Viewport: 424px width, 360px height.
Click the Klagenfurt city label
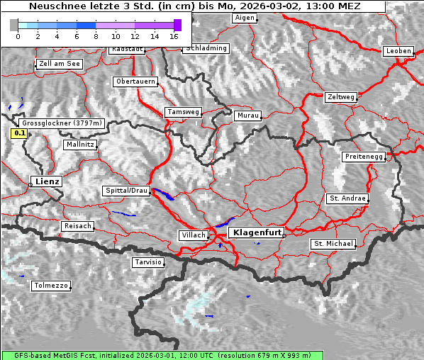pos(258,232)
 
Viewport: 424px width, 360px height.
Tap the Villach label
pos(193,235)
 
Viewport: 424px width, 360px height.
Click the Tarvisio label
pos(148,262)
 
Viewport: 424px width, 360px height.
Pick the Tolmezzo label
pos(51,286)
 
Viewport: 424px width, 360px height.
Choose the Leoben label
pos(397,51)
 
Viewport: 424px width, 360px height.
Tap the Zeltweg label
pos(341,96)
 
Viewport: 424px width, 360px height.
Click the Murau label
pos(248,115)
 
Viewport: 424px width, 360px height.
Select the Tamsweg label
pos(184,112)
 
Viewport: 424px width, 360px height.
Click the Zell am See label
pos(59,64)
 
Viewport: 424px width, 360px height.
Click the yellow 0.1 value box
pos(19,133)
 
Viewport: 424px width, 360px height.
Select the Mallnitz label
pos(79,144)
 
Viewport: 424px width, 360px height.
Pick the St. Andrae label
pos(347,198)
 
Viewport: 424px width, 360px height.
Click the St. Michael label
pos(333,244)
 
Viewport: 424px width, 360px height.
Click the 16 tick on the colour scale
pos(174,35)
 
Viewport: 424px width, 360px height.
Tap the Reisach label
pos(78,226)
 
